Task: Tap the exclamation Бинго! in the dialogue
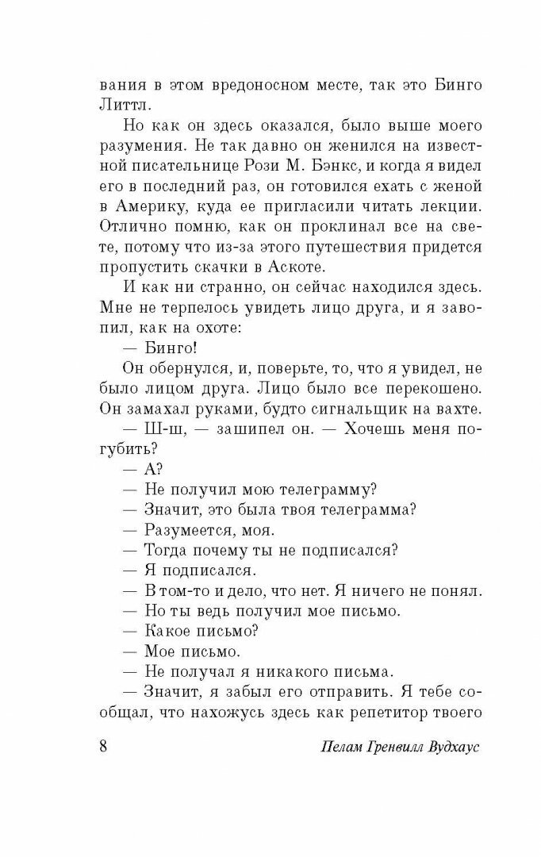tap(171, 371)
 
